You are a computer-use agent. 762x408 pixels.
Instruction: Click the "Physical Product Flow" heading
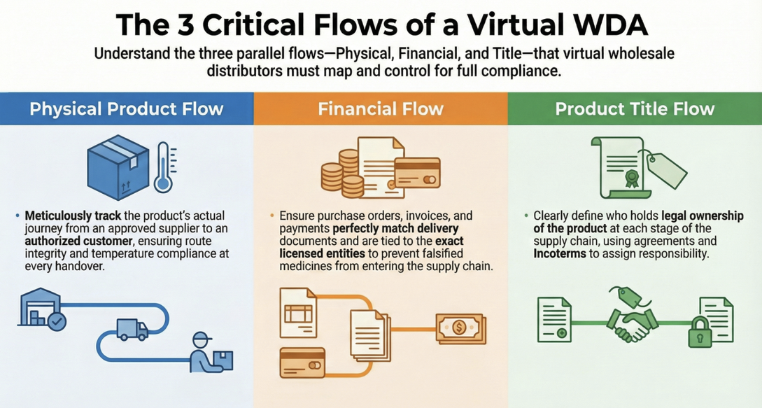(x=127, y=108)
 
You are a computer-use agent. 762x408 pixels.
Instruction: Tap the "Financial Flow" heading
(x=381, y=108)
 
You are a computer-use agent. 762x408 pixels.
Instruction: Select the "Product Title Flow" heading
(x=635, y=108)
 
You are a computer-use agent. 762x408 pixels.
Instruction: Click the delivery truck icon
(x=132, y=329)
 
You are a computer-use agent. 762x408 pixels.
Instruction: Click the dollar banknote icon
(x=460, y=327)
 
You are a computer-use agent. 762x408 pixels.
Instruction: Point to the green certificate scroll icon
(x=618, y=167)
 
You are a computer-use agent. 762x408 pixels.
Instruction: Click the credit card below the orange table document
(x=302, y=363)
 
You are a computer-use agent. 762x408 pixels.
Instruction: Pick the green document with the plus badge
(x=554, y=319)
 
